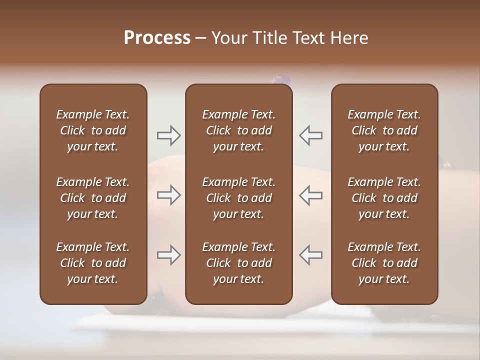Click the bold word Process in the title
click(157, 38)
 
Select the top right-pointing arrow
click(168, 135)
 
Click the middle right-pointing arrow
click(168, 195)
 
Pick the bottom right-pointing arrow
click(168, 255)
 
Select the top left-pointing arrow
click(311, 135)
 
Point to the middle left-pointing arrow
click(311, 195)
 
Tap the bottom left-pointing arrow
click(311, 255)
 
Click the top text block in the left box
click(93, 130)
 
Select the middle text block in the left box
click(93, 198)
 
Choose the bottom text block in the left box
click(93, 263)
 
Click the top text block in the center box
click(238, 130)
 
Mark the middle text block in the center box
click(238, 198)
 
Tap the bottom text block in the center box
click(238, 263)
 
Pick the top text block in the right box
click(384, 130)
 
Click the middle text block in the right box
click(384, 198)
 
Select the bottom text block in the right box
click(384, 263)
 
